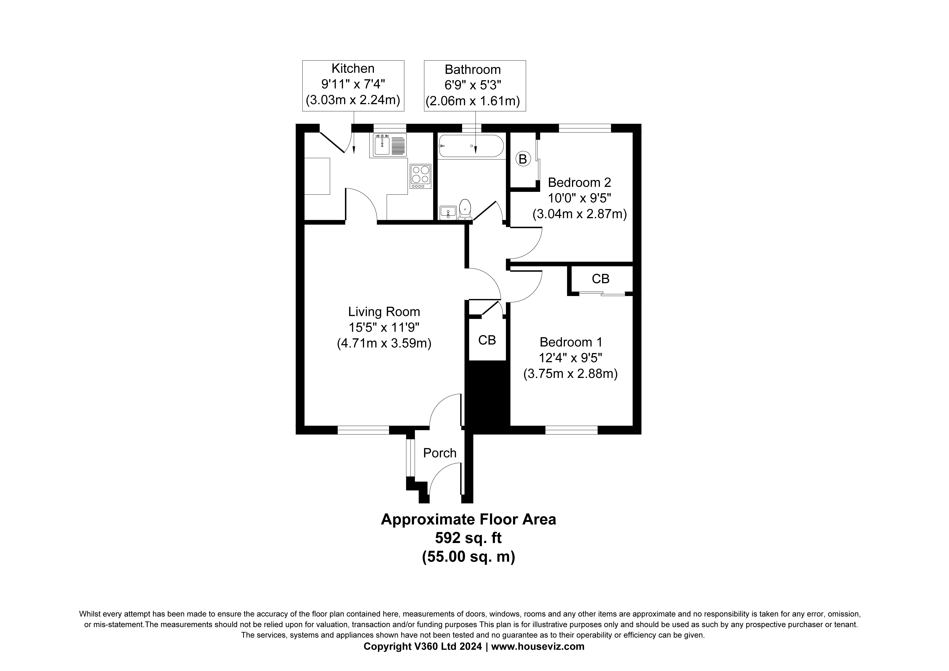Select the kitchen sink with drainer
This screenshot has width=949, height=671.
tap(390, 145)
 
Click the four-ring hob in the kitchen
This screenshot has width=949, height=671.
tap(420, 177)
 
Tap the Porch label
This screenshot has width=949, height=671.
tap(440, 453)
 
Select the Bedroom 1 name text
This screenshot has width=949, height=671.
tap(571, 342)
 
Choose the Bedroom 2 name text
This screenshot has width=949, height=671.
tap(579, 182)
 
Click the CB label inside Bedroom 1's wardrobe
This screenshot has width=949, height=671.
tap(601, 279)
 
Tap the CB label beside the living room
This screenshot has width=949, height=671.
tap(487, 340)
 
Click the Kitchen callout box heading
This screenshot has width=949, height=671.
tap(353, 68)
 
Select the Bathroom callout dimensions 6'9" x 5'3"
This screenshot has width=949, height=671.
tap(473, 85)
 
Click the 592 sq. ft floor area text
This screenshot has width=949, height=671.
tap(468, 538)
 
